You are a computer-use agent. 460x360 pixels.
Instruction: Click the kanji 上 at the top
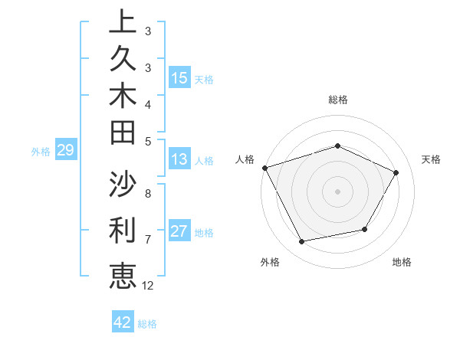tap(123, 22)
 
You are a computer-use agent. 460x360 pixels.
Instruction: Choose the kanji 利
tap(123, 230)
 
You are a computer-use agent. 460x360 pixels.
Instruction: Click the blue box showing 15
tap(179, 77)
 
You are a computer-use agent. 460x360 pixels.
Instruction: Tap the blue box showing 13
tap(179, 159)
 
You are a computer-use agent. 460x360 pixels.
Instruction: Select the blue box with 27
tap(179, 231)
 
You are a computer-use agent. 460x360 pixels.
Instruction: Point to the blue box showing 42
tap(123, 322)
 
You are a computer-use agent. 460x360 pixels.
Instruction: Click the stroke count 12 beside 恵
tap(148, 285)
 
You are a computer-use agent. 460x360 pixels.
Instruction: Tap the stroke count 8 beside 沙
tap(147, 194)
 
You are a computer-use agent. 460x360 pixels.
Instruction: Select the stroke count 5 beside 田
tap(147, 141)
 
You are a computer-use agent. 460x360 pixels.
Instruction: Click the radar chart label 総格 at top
tap(337, 100)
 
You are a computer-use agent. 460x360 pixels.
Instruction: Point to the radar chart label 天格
tap(431, 159)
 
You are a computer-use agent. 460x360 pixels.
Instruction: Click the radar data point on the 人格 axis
tap(264, 168)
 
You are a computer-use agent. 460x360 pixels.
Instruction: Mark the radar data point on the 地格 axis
tap(365, 229)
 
